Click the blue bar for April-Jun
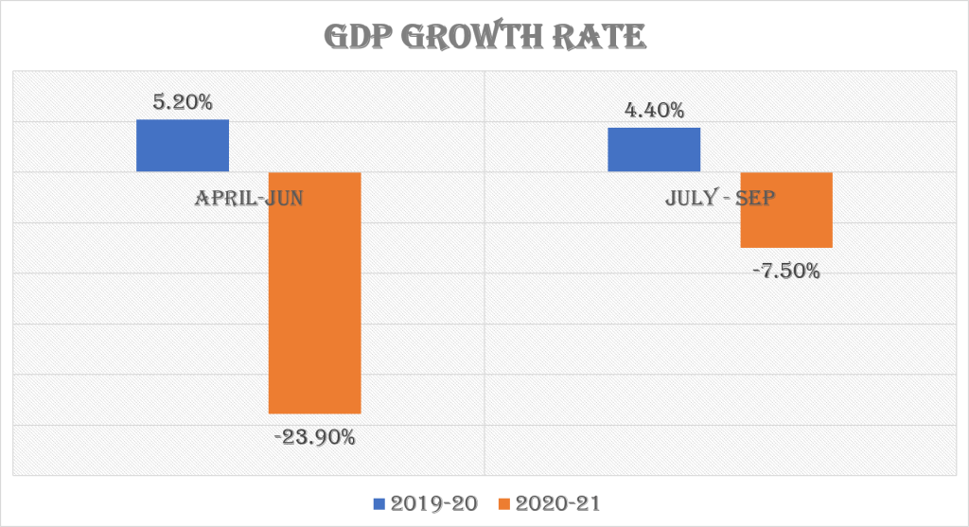click(183, 145)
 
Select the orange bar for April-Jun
click(315, 292)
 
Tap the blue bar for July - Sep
click(653, 149)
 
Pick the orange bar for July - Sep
click(785, 210)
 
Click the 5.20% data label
click(183, 102)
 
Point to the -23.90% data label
click(315, 437)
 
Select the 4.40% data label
click(653, 111)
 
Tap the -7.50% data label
click(785, 272)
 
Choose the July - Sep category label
click(719, 198)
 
